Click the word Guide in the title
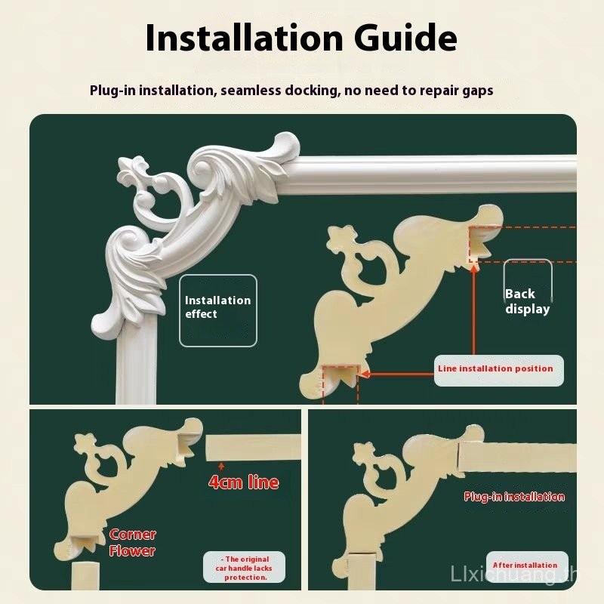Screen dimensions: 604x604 coord(405,38)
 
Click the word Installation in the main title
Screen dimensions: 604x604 coord(244,38)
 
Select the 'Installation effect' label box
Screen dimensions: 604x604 coord(218,310)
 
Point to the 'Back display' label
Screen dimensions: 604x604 coord(527,301)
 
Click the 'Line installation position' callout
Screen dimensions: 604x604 coord(499,370)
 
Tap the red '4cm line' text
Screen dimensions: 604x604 coord(243,482)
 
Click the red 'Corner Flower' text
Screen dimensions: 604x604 coord(132,542)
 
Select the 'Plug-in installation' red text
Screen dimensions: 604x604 coord(514,497)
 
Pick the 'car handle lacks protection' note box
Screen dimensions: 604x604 coord(244,569)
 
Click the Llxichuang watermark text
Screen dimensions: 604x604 coord(513,575)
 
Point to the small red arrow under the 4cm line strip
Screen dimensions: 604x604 coord(221,467)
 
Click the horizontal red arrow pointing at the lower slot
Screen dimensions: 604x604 coord(399,374)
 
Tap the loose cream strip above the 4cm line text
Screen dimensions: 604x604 coord(253,447)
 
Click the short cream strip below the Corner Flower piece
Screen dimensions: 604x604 coord(85,575)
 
